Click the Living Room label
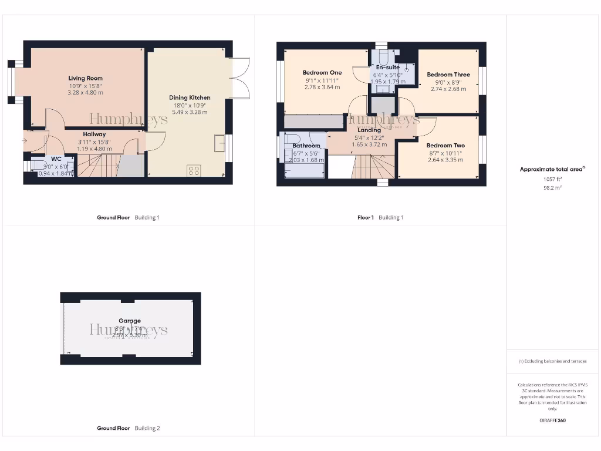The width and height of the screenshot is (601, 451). pyautogui.click(x=85, y=78)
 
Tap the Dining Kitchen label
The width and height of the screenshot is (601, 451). pyautogui.click(x=190, y=97)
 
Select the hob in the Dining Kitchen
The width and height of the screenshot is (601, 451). pyautogui.click(x=194, y=170)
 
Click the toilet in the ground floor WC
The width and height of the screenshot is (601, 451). pyautogui.click(x=40, y=166)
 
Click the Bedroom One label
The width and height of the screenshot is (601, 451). pyautogui.click(x=322, y=73)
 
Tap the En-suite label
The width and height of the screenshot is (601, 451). pyautogui.click(x=388, y=68)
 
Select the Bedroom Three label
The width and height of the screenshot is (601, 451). pyautogui.click(x=448, y=75)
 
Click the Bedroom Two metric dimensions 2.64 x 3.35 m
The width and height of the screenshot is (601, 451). pyautogui.click(x=445, y=160)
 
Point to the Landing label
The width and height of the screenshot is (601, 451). pyautogui.click(x=369, y=130)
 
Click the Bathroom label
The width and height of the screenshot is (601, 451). pyautogui.click(x=306, y=146)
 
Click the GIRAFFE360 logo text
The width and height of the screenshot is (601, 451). pyautogui.click(x=552, y=420)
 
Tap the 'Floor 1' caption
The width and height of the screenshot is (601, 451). pyautogui.click(x=365, y=217)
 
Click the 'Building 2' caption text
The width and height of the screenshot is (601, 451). pyautogui.click(x=147, y=428)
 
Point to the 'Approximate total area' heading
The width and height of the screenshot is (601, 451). pyautogui.click(x=551, y=169)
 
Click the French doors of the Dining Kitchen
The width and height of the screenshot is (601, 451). pyautogui.click(x=241, y=78)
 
